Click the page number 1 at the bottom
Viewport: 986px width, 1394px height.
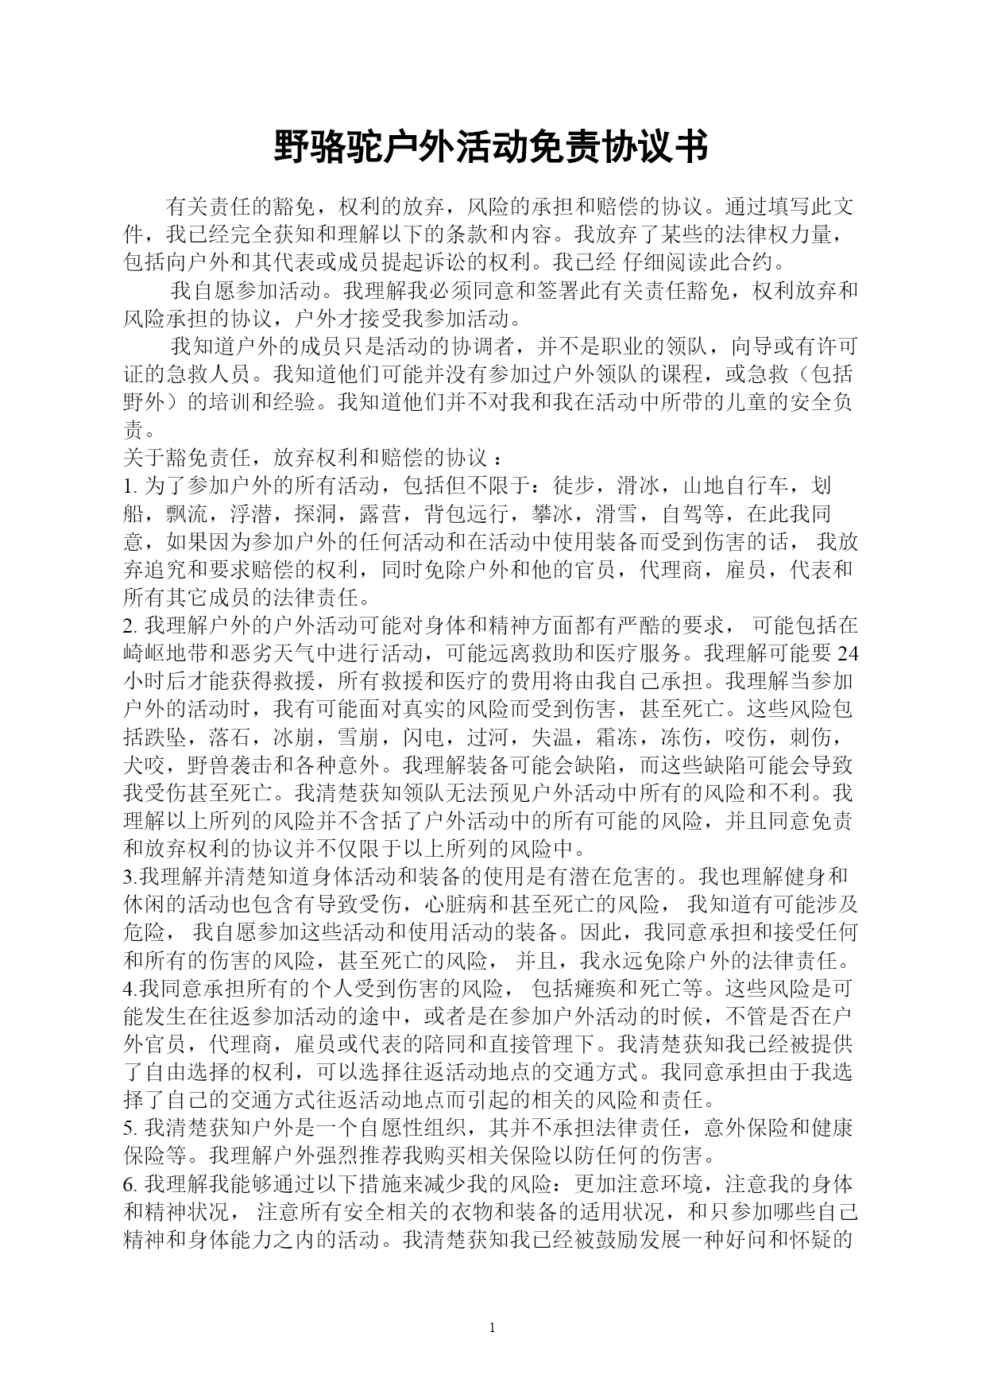(493, 1327)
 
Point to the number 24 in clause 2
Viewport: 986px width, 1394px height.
(849, 653)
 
